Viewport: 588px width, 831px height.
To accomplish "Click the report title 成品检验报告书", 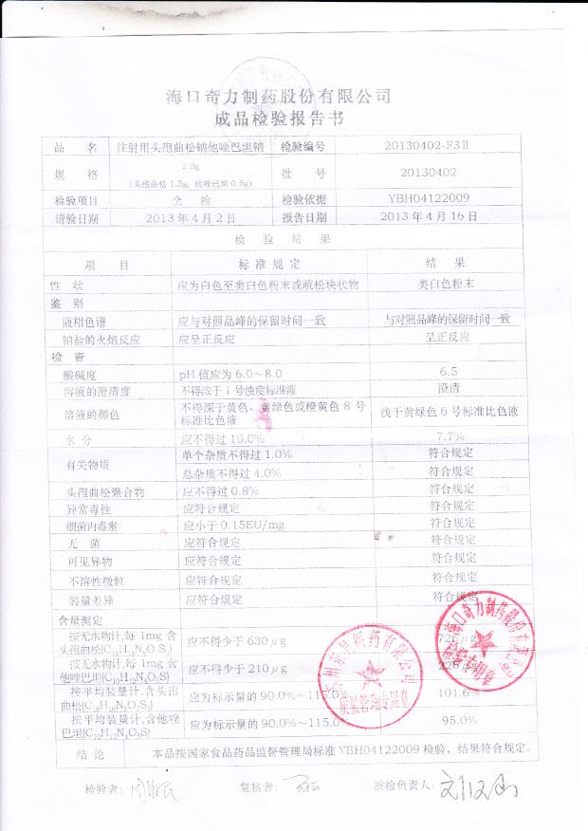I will pyautogui.click(x=279, y=121).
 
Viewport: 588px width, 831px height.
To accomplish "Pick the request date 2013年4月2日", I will pyautogui.click(x=191, y=217).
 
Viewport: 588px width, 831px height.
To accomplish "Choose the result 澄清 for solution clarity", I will pyautogui.click(x=450, y=389).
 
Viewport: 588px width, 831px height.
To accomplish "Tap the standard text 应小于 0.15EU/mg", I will pyautogui.click(x=233, y=525).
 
